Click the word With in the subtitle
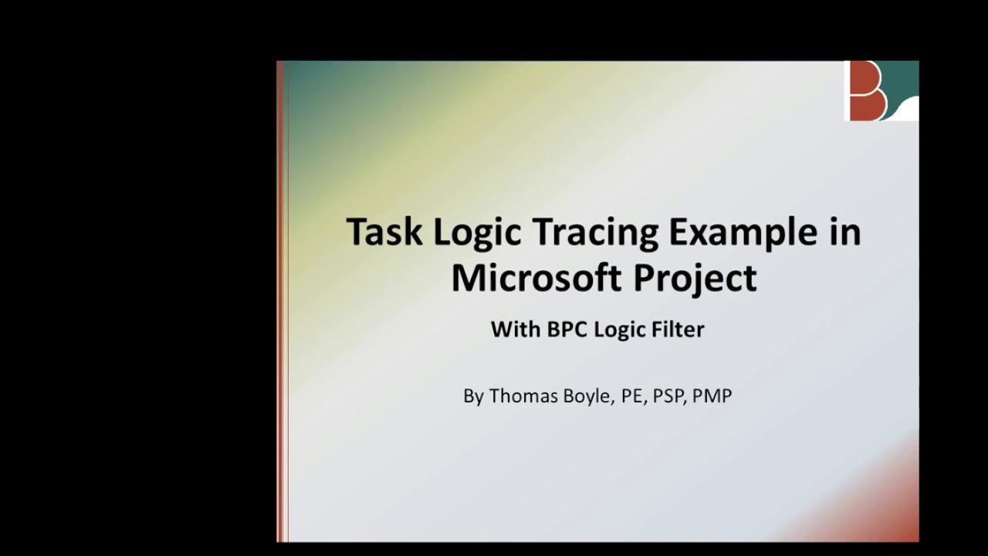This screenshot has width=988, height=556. [516, 330]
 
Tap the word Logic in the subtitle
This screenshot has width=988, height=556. [621, 331]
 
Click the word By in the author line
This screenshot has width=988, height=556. [473, 397]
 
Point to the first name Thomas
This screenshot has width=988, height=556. [523, 396]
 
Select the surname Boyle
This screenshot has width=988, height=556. [587, 397]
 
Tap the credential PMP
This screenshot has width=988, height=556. [712, 397]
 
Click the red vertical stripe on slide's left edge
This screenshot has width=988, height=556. [281, 301]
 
